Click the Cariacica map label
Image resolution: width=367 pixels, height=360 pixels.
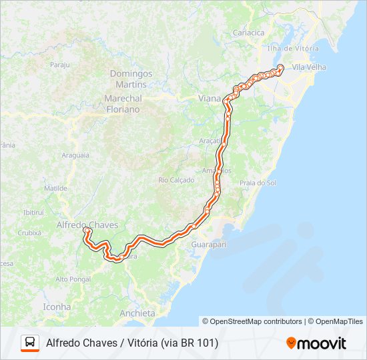click(248, 33)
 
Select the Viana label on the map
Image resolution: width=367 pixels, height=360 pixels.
click(210, 98)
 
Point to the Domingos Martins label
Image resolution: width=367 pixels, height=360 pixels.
click(131, 79)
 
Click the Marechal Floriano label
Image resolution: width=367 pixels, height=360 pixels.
click(123, 103)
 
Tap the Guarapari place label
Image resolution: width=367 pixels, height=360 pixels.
click(208, 245)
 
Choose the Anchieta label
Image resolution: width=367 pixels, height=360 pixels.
click(137, 313)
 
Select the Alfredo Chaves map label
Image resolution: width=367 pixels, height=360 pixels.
click(87, 225)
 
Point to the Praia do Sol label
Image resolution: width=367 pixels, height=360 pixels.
click(258, 183)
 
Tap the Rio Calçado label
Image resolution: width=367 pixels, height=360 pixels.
click(176, 180)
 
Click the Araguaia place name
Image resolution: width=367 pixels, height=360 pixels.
click(75, 155)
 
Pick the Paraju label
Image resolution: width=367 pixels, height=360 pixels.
click(60, 65)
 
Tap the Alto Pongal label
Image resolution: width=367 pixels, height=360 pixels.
click(72, 279)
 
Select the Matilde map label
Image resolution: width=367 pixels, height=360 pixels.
click(56, 189)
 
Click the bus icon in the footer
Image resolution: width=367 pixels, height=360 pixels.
click(30, 343)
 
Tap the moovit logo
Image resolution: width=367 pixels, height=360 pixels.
click(316, 343)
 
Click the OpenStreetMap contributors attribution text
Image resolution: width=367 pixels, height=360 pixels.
click(252, 321)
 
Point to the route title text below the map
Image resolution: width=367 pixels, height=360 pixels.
click(132, 343)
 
